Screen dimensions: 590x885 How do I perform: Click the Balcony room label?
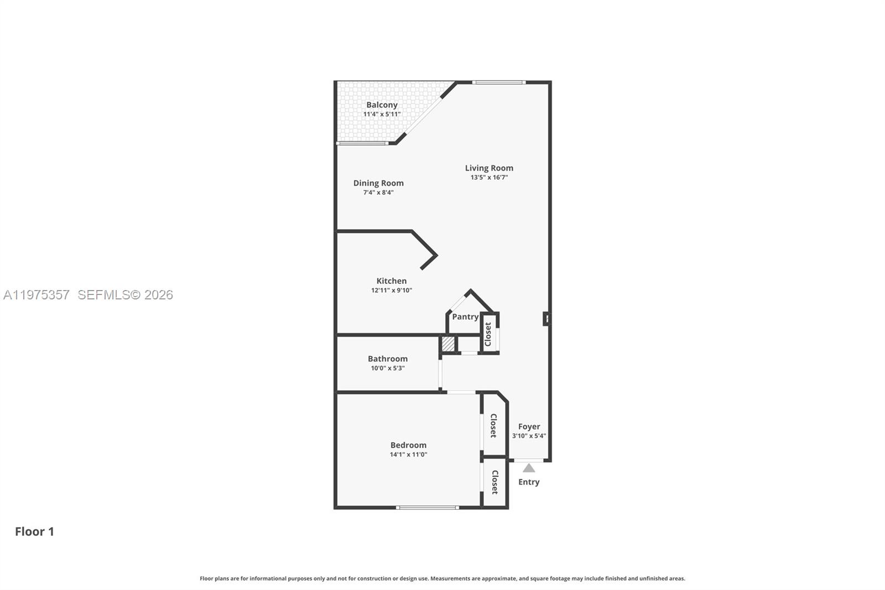click(x=382, y=105)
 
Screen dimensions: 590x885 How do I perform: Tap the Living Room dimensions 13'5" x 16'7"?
click(x=489, y=178)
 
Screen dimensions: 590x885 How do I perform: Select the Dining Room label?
click(x=378, y=183)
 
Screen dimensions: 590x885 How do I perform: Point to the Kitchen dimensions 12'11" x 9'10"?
click(x=391, y=290)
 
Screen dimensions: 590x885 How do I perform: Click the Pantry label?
click(x=465, y=317)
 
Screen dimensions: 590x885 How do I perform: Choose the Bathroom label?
click(x=387, y=359)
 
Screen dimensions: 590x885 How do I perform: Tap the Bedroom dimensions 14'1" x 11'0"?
click(x=408, y=454)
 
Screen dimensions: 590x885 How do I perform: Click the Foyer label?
click(x=529, y=426)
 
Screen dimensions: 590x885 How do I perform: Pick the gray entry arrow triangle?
click(x=529, y=468)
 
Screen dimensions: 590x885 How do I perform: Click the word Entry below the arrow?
click(x=529, y=482)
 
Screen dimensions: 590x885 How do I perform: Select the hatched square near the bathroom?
click(x=448, y=344)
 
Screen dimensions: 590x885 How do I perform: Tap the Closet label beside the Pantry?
click(x=488, y=334)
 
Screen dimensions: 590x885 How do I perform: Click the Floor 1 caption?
click(x=34, y=531)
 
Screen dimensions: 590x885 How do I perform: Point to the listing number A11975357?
click(x=37, y=294)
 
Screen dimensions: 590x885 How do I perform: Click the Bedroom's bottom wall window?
click(x=427, y=507)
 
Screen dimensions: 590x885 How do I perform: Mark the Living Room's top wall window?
click(x=498, y=82)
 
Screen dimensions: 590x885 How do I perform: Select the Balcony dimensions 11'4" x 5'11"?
click(x=382, y=115)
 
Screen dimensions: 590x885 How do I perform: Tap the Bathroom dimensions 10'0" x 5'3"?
click(x=387, y=368)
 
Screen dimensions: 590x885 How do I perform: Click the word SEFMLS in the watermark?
click(x=103, y=294)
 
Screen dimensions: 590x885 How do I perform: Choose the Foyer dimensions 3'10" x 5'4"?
click(x=529, y=436)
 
